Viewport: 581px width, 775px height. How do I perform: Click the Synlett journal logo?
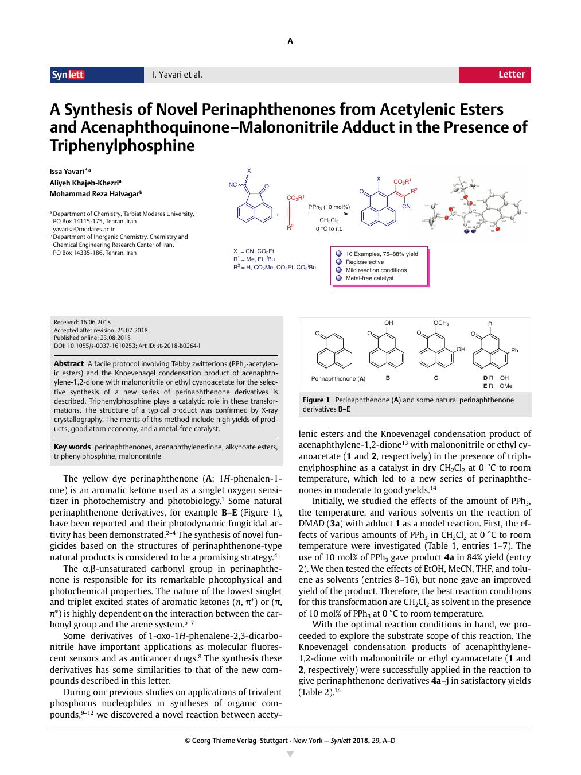(x=68, y=75)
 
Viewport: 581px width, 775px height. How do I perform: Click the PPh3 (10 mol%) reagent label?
(x=329, y=207)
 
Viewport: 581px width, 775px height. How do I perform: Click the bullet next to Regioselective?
(x=339, y=262)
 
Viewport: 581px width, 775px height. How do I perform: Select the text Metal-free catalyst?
(x=369, y=278)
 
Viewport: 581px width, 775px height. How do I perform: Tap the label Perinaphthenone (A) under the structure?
(x=338, y=379)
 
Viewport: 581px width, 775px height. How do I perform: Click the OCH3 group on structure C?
(x=441, y=323)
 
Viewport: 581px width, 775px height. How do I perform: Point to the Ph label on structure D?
(x=514, y=351)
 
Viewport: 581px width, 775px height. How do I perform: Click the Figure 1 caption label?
(x=316, y=400)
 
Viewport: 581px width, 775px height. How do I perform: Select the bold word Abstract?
(x=69, y=364)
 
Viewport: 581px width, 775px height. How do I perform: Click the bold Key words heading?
(x=72, y=447)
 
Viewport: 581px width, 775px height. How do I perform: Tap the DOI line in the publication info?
(x=127, y=346)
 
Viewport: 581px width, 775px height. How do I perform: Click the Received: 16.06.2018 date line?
(x=82, y=323)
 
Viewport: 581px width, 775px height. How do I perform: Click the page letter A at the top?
(x=290, y=41)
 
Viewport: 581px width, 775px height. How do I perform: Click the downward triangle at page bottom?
(x=290, y=754)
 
